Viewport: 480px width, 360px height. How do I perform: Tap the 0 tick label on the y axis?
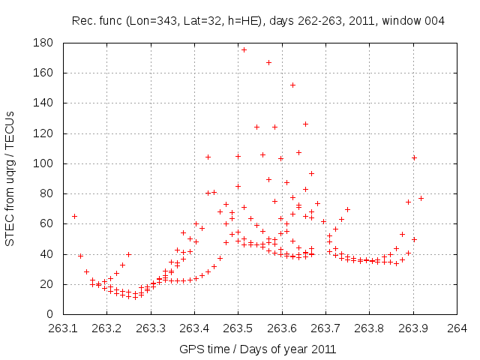[x=53, y=314]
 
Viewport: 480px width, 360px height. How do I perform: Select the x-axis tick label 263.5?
[x=238, y=328]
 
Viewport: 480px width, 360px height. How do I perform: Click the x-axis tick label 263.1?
[x=63, y=328]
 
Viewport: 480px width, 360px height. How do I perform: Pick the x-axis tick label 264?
[x=457, y=328]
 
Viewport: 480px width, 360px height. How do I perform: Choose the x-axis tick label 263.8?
[x=369, y=328]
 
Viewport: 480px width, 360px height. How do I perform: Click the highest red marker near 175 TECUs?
[x=244, y=49]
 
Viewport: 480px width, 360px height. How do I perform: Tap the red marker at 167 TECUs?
[x=268, y=62]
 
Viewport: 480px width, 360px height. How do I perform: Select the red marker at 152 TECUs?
[x=292, y=85]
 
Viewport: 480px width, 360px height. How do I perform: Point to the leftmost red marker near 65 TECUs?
[x=74, y=216]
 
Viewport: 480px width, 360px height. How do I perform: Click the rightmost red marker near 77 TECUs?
[x=421, y=198]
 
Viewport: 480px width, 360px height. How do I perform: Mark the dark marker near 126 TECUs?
[x=305, y=124]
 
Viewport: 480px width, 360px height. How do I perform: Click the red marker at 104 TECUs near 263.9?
[x=414, y=157]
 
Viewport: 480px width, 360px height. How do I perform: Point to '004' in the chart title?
[x=436, y=20]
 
